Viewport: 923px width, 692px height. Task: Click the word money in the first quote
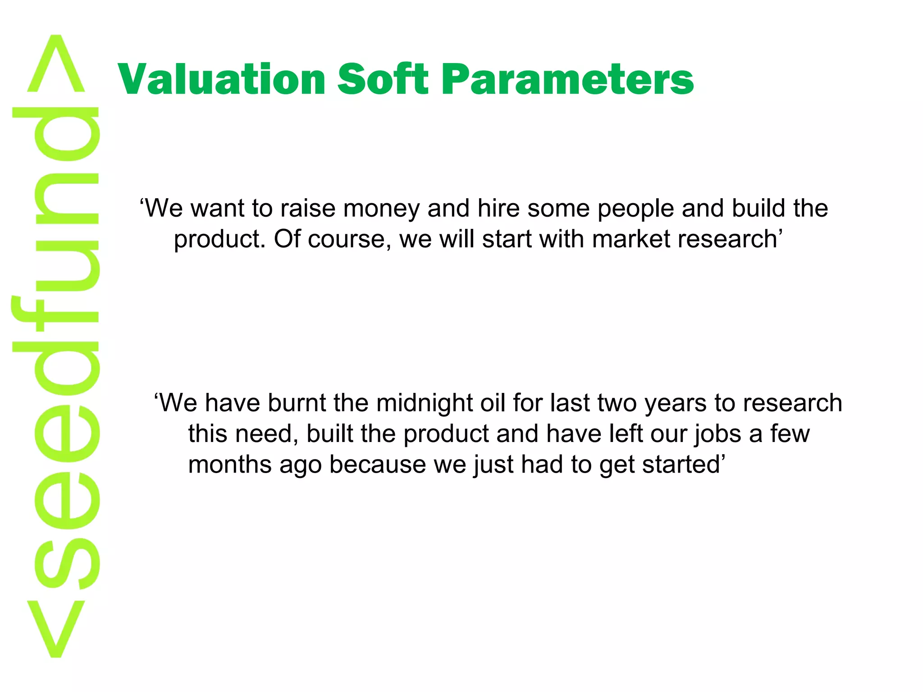pyautogui.click(x=381, y=209)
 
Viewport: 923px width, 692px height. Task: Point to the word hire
pyautogui.click(x=498, y=208)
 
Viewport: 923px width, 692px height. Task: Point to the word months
pyautogui.click(x=229, y=464)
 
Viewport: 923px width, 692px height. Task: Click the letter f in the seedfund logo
pyautogui.click(x=54, y=315)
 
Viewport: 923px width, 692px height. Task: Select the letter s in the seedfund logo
pyautogui.click(x=67, y=563)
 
